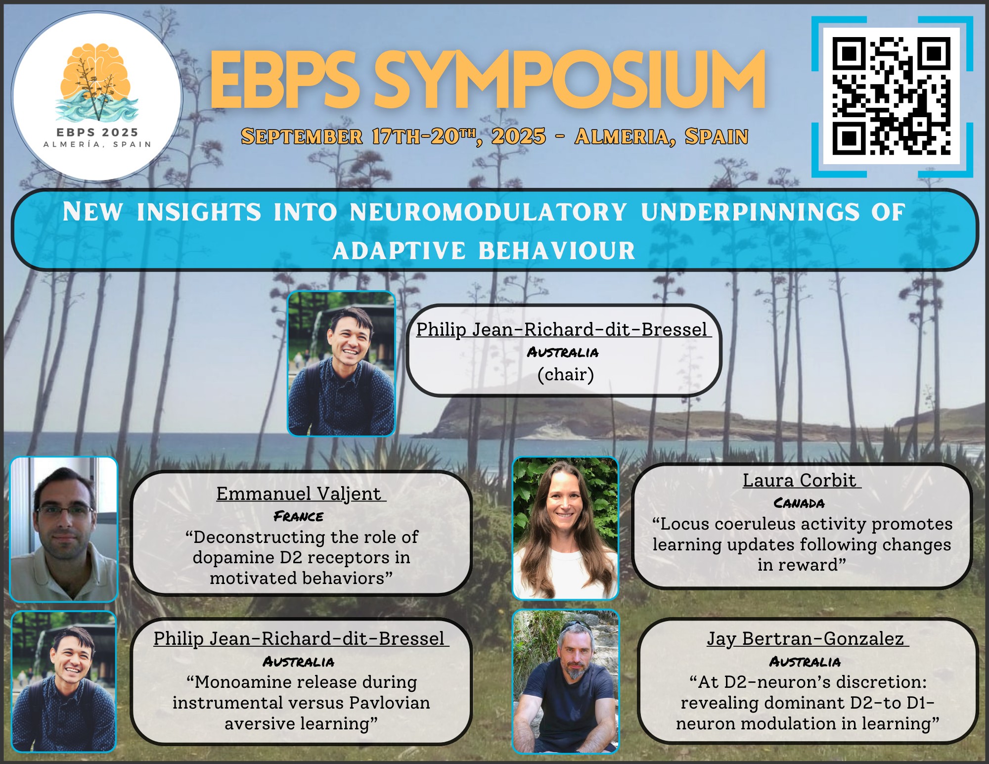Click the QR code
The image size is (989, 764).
892,96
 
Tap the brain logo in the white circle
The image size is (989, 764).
96,82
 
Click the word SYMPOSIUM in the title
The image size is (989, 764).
569,80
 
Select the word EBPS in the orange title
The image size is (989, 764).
285,80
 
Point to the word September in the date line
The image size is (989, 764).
302,136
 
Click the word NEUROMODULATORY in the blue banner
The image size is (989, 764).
489,212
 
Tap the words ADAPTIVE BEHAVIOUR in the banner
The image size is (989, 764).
484,250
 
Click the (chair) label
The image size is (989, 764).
566,375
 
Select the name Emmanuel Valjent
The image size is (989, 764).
299,494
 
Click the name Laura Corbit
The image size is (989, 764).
799,480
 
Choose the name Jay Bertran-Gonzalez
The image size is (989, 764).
805,638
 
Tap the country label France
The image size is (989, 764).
298,516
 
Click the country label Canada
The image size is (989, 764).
799,503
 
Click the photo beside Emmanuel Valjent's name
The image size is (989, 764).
64,529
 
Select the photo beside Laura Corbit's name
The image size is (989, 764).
566,528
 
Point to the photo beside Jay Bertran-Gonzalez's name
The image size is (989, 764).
566,681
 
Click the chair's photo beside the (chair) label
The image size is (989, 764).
341,363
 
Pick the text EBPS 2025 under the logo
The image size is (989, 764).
97,133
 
